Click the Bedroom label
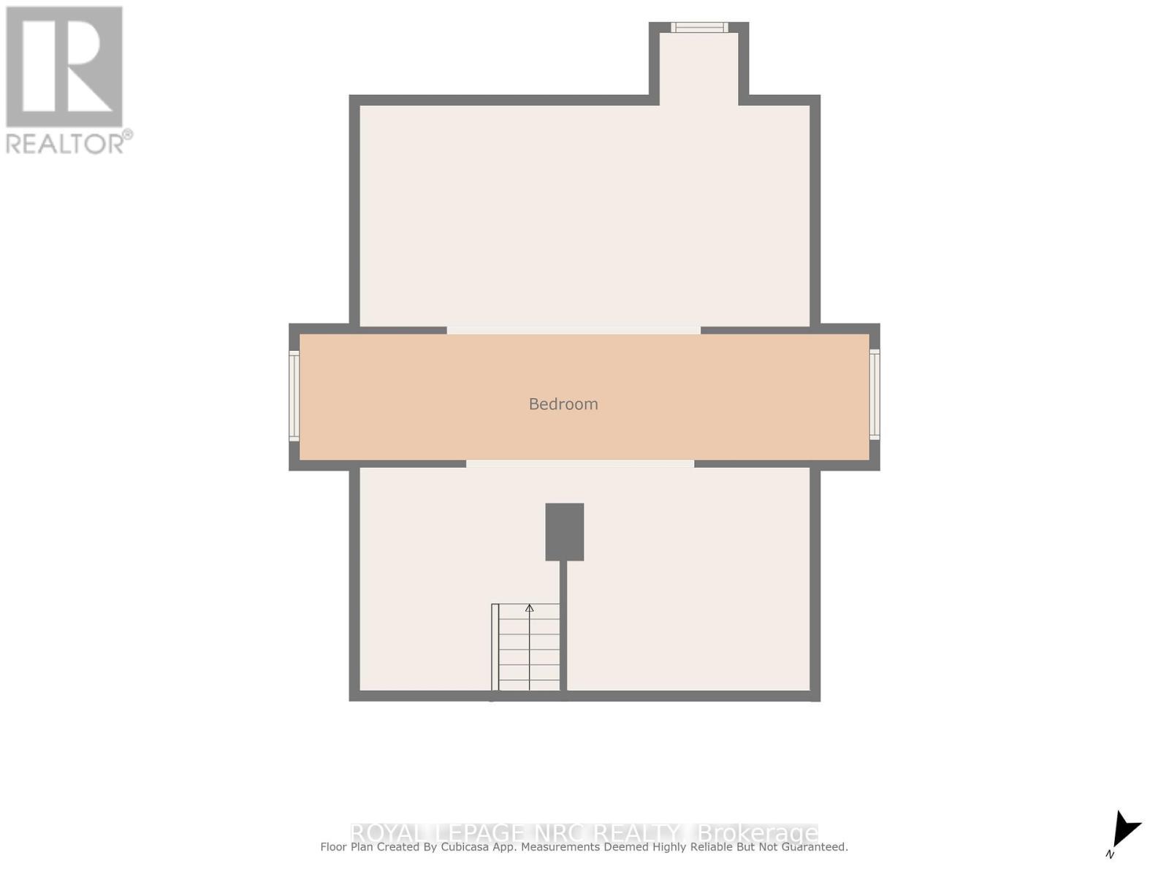[x=563, y=404]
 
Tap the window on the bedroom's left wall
[x=294, y=395]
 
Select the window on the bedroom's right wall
[x=875, y=394]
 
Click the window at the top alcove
[x=699, y=28]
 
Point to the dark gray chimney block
[x=564, y=531]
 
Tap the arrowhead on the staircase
[x=530, y=608]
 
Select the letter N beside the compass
[x=1110, y=854]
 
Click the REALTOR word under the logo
[x=65, y=143]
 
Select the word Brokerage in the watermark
[x=758, y=833]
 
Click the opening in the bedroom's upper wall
[x=574, y=330]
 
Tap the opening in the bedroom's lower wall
[x=580, y=464]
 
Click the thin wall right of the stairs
[x=563, y=625]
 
